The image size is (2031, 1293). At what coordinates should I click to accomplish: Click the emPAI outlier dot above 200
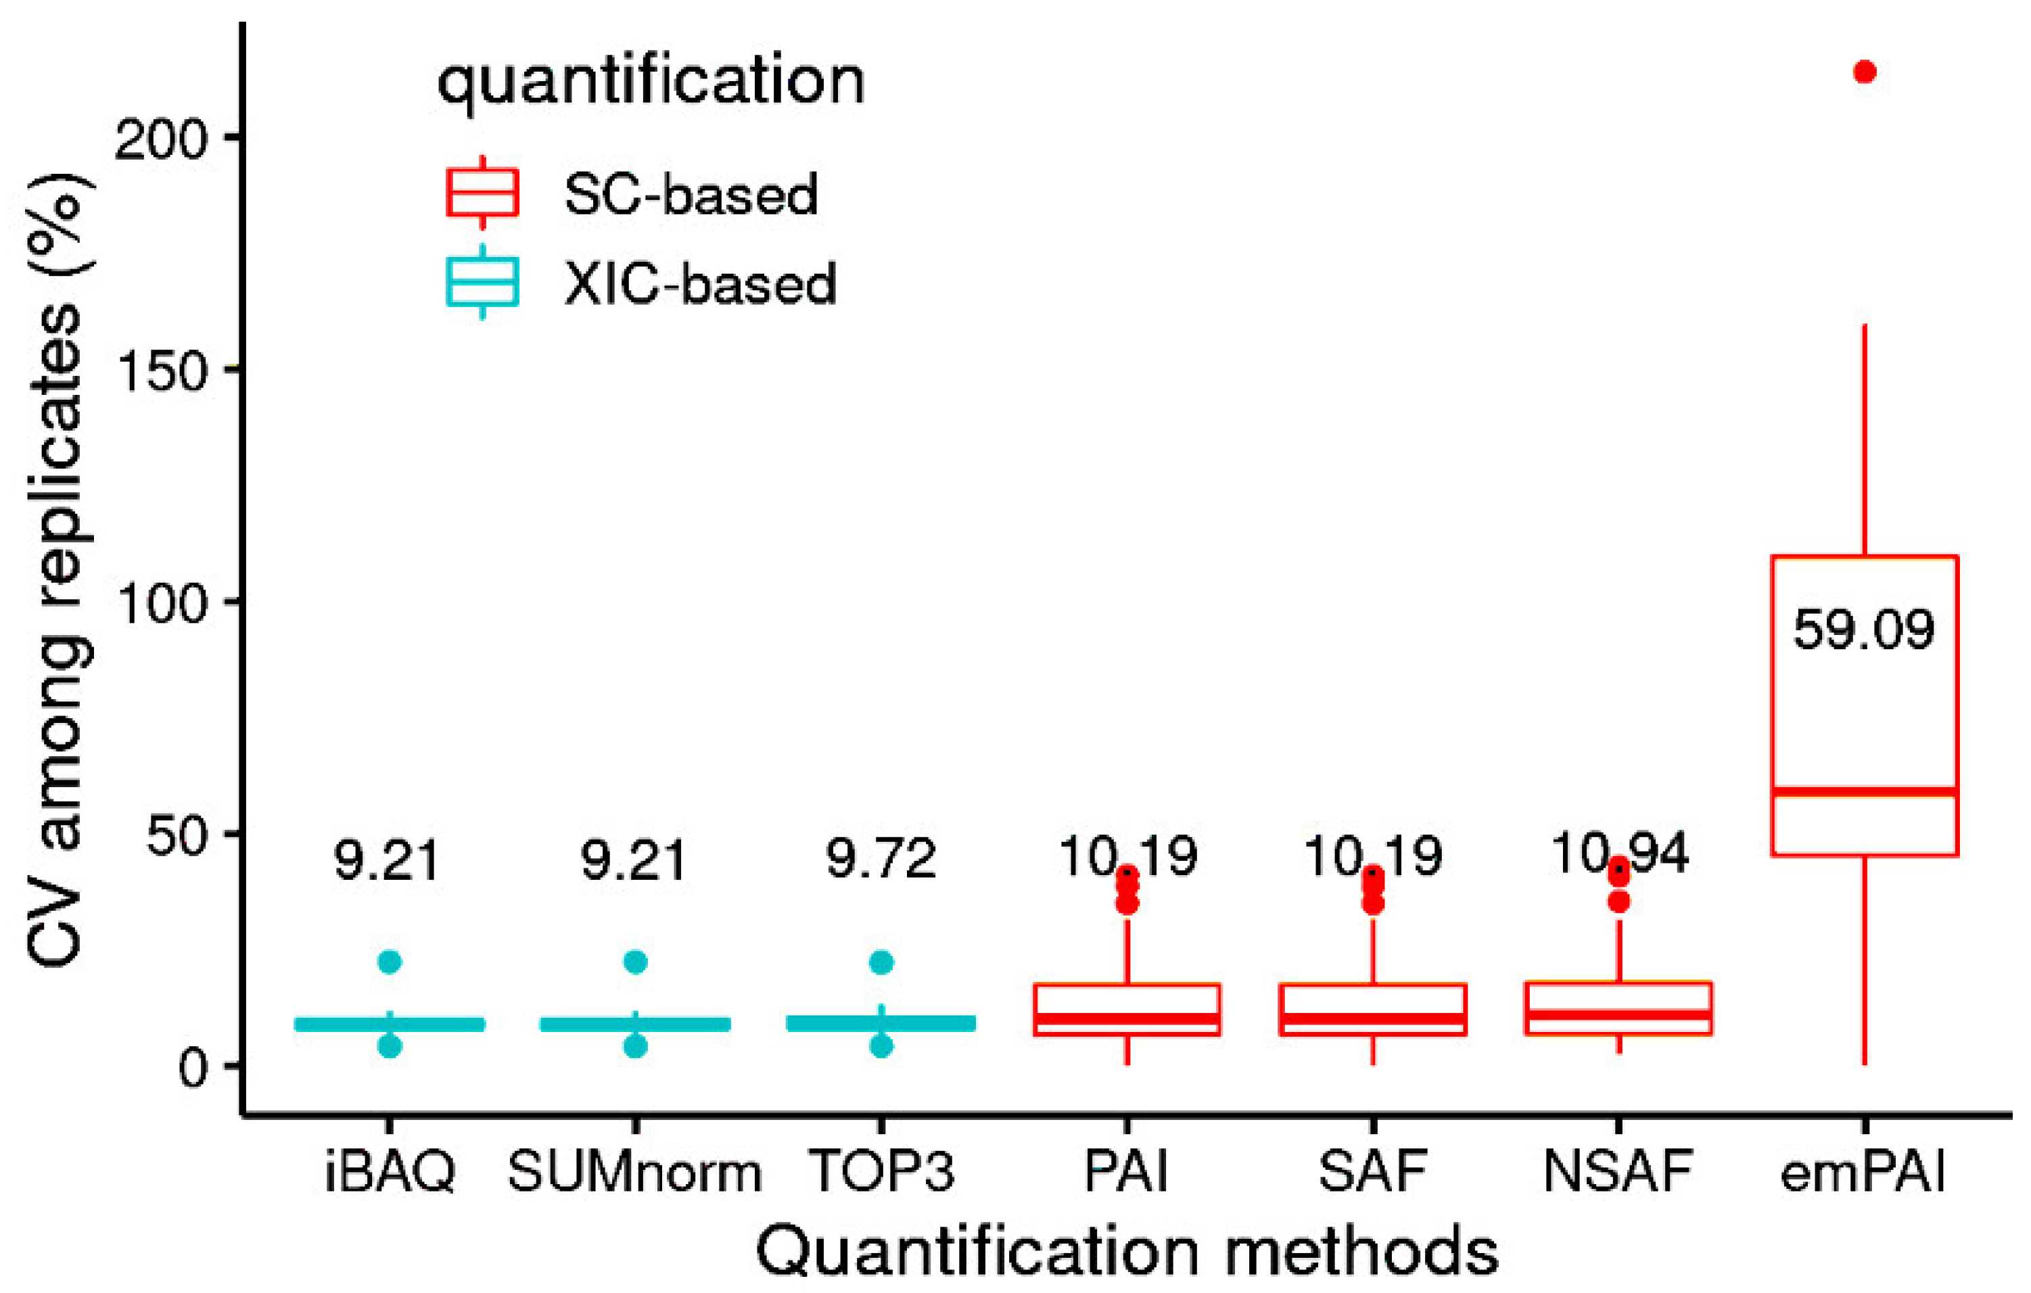[1864, 72]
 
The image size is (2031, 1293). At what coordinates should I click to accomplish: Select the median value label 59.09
[1863, 629]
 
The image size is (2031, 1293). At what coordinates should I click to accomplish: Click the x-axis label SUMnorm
[634, 1173]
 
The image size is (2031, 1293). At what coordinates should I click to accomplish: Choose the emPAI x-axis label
[1863, 1173]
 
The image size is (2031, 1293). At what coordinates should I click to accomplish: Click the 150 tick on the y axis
[160, 369]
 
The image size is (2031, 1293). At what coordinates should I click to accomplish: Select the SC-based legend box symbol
[482, 193]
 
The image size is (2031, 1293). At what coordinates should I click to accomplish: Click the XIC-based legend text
[700, 284]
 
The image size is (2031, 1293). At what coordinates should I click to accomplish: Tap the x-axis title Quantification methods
[1126, 1252]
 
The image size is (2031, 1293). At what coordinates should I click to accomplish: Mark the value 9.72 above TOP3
[881, 860]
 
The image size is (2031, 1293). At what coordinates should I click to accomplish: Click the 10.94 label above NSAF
[1618, 853]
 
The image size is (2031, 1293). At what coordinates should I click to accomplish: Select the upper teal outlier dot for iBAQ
[390, 962]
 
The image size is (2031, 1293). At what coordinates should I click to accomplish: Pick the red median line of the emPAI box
[1864, 791]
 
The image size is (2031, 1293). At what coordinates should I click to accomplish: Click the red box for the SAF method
[1372, 1009]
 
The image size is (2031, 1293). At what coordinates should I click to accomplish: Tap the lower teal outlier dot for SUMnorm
[635, 1047]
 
